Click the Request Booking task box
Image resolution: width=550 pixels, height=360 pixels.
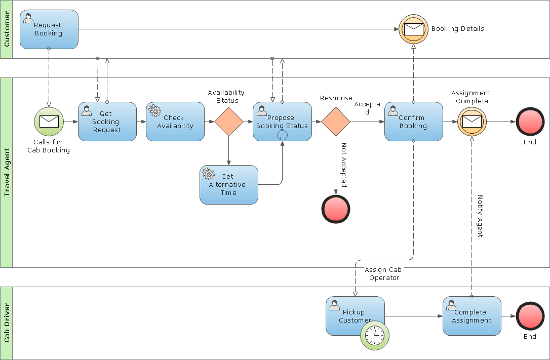point(49,29)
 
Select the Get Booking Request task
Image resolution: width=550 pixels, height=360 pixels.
point(107,122)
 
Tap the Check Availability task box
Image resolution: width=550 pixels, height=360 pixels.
point(175,122)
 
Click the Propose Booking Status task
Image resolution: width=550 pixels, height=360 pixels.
point(282,122)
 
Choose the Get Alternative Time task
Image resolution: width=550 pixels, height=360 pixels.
point(228,185)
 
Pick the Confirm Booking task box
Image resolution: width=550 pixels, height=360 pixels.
point(413,122)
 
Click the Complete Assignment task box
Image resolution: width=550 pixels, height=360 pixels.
point(472,316)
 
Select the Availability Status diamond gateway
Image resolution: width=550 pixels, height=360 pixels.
point(228,122)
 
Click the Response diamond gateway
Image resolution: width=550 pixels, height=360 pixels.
point(336,122)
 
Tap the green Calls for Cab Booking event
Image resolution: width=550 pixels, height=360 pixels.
point(49,122)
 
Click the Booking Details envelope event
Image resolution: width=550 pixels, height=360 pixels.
point(413,29)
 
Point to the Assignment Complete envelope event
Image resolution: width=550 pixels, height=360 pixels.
point(472,122)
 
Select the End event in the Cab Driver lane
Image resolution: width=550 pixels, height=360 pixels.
point(530,316)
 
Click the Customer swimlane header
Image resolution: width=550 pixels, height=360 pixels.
point(6,29)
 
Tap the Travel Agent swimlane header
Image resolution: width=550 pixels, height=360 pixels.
point(6,172)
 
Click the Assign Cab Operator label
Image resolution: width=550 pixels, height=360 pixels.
point(383,274)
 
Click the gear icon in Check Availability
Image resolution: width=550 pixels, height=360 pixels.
point(154,110)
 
